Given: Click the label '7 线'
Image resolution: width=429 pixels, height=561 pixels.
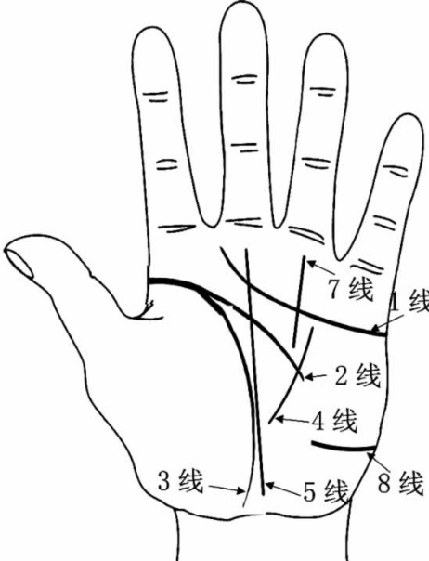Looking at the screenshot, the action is [x=350, y=289].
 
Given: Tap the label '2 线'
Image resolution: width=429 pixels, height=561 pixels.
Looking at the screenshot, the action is [x=357, y=375].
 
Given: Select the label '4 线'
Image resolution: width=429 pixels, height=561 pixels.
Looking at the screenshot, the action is [x=334, y=421].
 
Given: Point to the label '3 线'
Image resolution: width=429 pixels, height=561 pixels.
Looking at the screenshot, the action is [x=180, y=481].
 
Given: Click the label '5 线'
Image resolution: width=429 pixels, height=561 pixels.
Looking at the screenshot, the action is [x=326, y=492].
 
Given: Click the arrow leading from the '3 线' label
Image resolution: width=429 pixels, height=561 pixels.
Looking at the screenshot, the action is [x=226, y=489].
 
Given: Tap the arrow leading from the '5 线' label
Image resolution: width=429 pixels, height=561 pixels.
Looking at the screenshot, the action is [x=282, y=489].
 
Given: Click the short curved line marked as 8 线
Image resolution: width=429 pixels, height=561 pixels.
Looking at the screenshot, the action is [x=344, y=447].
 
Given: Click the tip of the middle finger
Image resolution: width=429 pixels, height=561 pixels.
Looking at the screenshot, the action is [x=242, y=5].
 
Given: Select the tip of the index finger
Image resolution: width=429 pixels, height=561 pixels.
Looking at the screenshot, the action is [x=152, y=27].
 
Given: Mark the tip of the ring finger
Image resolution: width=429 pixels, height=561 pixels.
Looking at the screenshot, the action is [x=326, y=35].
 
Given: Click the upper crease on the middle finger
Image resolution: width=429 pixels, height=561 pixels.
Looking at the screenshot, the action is [x=245, y=79].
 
